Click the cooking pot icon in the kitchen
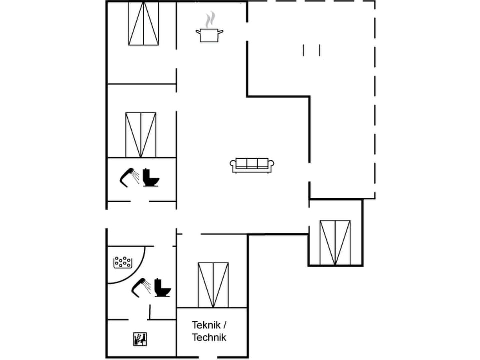[209, 35]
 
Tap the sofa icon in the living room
[252, 165]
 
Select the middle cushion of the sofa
[252, 163]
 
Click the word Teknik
[206, 325]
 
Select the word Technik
[209, 338]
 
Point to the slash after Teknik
[224, 325]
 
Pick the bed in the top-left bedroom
[143, 23]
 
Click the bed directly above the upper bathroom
[141, 135]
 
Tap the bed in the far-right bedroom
[335, 242]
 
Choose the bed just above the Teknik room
[213, 285]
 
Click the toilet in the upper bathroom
[150, 177]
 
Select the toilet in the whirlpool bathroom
[162, 287]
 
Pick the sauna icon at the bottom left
[139, 339]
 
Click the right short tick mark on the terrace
[319, 50]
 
